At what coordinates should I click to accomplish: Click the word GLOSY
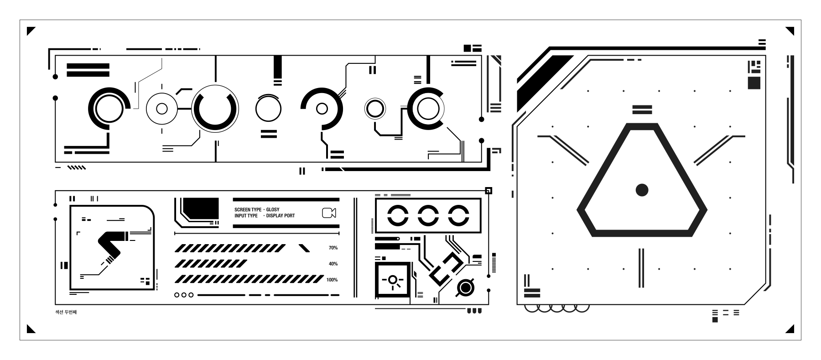273,209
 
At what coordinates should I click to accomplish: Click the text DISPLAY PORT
281,216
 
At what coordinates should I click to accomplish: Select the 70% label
333,248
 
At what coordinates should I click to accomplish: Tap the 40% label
333,264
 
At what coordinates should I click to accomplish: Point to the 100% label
332,280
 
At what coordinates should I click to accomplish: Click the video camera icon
329,213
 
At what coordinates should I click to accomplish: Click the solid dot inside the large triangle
642,190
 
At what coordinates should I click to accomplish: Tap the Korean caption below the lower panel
66,312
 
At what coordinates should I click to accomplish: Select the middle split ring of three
428,215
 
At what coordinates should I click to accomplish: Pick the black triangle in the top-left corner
30,31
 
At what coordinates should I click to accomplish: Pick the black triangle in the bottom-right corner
790,329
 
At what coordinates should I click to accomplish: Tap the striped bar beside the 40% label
211,264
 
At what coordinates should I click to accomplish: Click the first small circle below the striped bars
177,295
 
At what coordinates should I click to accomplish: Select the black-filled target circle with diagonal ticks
465,287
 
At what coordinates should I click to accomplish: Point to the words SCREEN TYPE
248,209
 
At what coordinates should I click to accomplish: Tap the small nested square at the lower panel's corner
488,191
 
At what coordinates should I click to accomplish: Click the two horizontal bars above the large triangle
642,110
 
